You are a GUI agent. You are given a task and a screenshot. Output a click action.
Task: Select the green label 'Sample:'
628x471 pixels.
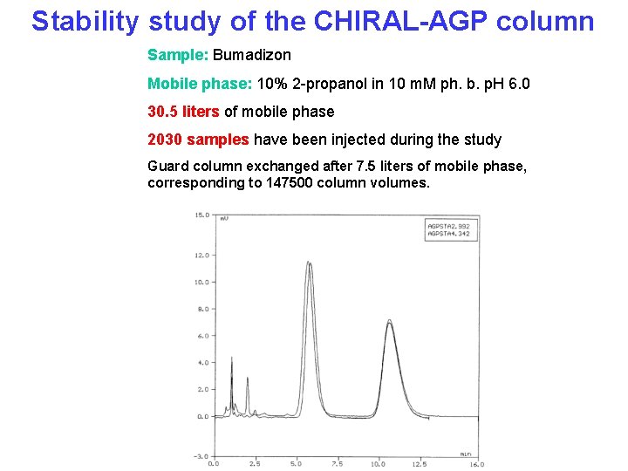click(178, 56)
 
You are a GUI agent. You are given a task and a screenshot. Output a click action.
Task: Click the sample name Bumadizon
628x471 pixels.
click(252, 56)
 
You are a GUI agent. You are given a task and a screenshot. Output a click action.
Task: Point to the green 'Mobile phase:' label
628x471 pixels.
click(200, 85)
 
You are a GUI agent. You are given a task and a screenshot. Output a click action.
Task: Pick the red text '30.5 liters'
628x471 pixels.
click(183, 112)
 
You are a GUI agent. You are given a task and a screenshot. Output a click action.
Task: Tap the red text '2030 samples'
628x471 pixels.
click(199, 140)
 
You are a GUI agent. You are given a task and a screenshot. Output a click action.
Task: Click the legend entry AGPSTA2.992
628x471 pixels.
click(448, 226)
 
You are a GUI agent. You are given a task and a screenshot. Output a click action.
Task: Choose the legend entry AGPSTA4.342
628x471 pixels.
click(448, 234)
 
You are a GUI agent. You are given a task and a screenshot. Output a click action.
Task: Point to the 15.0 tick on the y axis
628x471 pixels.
click(201, 215)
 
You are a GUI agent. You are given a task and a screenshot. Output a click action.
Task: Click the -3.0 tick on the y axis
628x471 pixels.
click(201, 456)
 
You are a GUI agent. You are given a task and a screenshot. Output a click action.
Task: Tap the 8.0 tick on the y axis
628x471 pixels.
click(201, 309)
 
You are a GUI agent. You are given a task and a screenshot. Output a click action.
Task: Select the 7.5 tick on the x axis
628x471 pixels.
click(337, 464)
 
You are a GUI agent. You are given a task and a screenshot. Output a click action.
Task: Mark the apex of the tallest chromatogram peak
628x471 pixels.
click(308, 262)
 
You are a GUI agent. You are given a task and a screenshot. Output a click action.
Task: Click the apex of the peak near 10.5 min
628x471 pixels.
click(389, 321)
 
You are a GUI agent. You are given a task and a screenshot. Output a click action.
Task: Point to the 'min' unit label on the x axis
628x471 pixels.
click(465, 454)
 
